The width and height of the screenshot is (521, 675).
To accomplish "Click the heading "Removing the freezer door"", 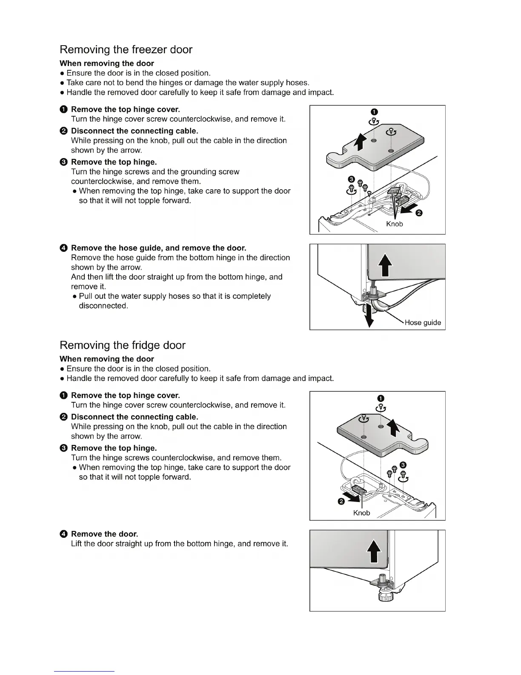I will (x=126, y=49).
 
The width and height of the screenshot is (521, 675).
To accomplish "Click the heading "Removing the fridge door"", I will (x=123, y=345).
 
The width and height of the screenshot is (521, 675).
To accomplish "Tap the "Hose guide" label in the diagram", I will (x=423, y=323).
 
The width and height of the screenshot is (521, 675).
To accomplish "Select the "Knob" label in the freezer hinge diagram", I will (x=394, y=224).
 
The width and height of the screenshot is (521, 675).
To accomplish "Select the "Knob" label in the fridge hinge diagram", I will (x=362, y=513).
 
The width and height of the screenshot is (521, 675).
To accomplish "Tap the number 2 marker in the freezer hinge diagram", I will (x=419, y=213).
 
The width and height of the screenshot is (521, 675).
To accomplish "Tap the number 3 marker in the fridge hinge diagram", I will (x=403, y=464).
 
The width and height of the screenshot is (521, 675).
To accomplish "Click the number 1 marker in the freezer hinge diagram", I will (x=373, y=112).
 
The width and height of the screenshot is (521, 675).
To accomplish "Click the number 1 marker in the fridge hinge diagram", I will (x=381, y=398).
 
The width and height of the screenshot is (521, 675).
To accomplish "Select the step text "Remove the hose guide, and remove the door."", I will (x=158, y=248).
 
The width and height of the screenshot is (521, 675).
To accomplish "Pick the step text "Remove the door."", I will (x=104, y=534).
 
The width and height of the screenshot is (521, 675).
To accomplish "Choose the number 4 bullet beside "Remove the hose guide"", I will (x=63, y=248).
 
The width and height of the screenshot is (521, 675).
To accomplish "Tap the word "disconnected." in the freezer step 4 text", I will (x=103, y=306).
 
